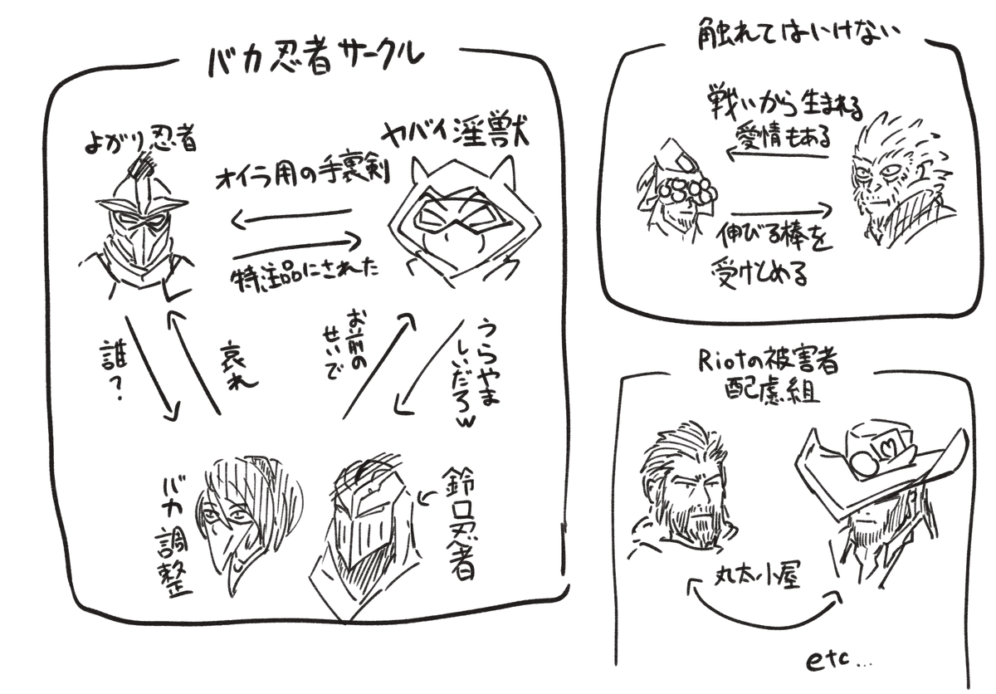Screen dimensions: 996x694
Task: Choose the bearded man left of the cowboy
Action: point(684,497)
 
